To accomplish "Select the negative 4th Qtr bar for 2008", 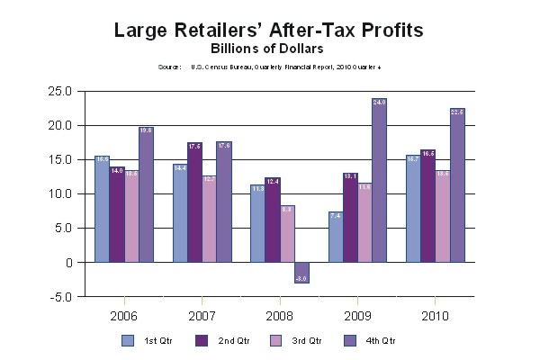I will [301, 273].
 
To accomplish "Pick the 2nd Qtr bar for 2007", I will [194, 202].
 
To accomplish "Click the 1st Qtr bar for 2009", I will [334, 237].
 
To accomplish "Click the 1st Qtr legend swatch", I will [129, 340].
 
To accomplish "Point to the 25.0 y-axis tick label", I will [60, 91].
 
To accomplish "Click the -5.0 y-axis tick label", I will [61, 297].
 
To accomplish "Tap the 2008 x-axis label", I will [279, 317].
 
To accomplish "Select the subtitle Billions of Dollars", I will [269, 48].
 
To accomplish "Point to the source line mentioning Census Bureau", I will [269, 67].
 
